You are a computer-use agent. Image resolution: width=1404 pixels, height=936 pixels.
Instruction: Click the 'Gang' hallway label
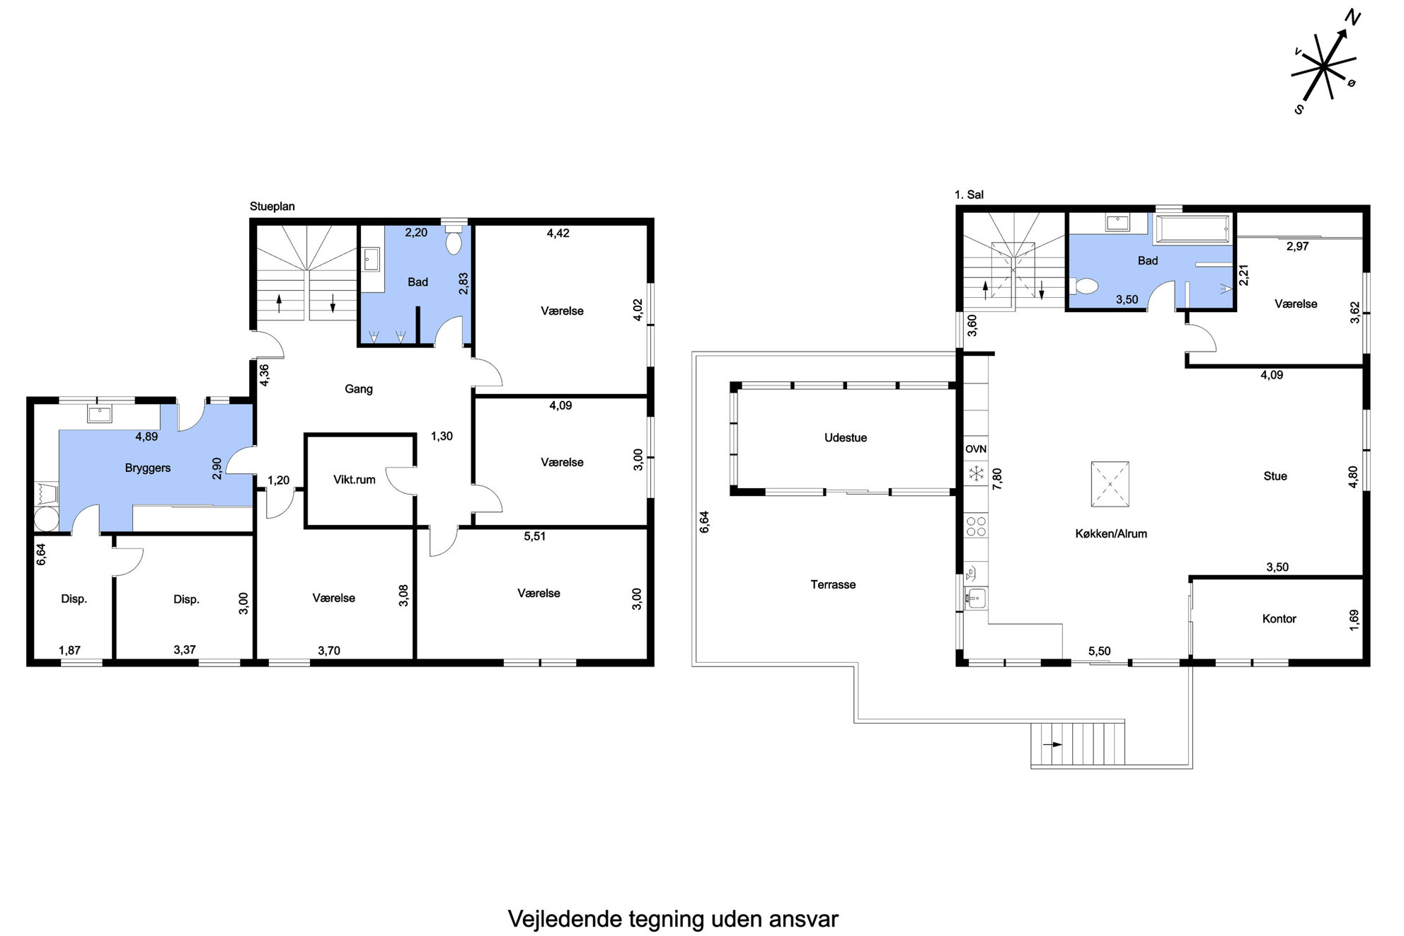(x=358, y=389)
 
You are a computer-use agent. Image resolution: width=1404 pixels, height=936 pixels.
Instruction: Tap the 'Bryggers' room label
(x=147, y=468)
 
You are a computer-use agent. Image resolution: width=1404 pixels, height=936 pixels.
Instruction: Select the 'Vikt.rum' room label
(x=354, y=480)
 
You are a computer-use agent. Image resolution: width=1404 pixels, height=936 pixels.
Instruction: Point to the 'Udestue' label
(x=845, y=438)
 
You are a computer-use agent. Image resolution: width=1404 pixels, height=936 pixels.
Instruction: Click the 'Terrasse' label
(x=833, y=584)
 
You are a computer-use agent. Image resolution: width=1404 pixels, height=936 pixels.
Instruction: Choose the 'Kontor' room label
(x=1279, y=619)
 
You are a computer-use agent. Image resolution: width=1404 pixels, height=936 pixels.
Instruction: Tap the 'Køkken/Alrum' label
(x=1111, y=534)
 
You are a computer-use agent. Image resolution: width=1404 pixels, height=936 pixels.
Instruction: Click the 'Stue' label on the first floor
(x=1274, y=476)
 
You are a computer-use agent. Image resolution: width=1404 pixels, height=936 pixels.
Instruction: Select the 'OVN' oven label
(x=976, y=449)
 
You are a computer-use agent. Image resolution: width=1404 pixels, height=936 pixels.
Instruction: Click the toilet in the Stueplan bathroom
(x=454, y=241)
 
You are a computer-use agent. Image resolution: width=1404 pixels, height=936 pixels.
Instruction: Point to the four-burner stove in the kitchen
(x=977, y=526)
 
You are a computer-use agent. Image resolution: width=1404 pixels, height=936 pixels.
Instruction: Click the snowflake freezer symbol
(x=976, y=473)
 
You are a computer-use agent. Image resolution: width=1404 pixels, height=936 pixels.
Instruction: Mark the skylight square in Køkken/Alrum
(x=1110, y=484)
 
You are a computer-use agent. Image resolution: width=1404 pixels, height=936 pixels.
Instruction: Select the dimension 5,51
(x=534, y=536)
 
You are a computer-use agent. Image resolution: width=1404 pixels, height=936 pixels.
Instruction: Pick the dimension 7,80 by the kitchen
(x=997, y=479)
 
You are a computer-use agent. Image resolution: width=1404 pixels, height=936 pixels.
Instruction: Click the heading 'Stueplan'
(x=272, y=207)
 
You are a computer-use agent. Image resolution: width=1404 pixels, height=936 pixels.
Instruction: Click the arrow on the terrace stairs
(x=1052, y=744)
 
